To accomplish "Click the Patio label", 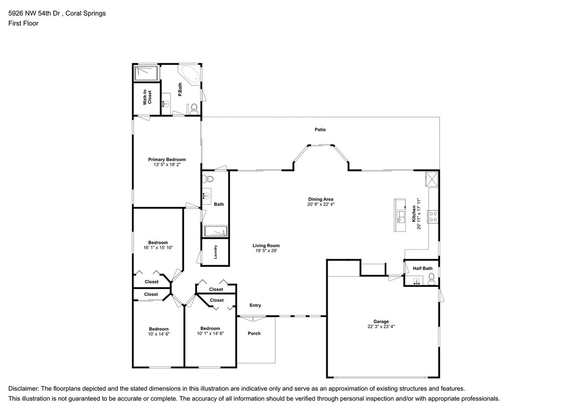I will [320, 129].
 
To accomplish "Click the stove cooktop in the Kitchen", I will [432, 216].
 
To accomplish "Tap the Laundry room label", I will [215, 252].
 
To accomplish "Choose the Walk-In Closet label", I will [147, 97].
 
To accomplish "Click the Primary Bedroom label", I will [167, 159].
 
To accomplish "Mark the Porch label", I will [254, 333].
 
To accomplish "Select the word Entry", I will [255, 305].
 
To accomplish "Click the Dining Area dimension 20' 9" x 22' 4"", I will [320, 205].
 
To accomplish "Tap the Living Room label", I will [266, 246].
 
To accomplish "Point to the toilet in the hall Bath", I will [208, 178].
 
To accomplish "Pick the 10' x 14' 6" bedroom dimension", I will [159, 334].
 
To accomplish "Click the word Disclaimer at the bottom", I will [23, 388].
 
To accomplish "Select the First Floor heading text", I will [23, 23].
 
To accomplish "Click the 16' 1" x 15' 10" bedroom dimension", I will [158, 248].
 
